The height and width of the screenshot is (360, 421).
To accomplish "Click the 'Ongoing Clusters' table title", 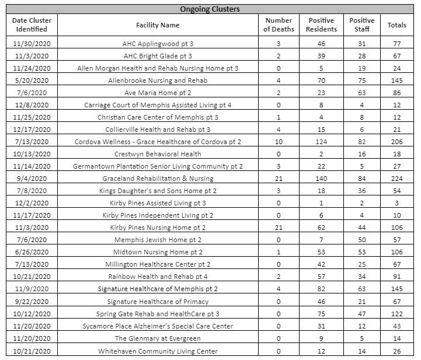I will coord(210,9).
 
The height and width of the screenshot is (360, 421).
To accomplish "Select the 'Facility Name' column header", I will coord(158,25).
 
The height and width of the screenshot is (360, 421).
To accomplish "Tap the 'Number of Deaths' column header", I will coord(278,25).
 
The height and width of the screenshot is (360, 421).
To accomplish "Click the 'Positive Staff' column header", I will coord(361,25).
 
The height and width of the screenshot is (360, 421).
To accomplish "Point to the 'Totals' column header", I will coord(397,25).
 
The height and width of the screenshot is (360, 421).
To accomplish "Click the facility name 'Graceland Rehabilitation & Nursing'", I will coord(158,179).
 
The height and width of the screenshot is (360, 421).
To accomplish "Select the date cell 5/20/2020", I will coord(32,81).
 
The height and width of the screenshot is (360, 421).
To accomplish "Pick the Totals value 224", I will coord(397,179).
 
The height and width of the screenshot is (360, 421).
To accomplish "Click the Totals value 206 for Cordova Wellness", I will coord(397,142).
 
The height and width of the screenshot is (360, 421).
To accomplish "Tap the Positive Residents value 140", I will coord(322,179).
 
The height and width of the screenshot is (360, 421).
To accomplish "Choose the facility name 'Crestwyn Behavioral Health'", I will coord(158,154).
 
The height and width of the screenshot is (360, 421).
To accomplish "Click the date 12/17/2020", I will coord(32,130).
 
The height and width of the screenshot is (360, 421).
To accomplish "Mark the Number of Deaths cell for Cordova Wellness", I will coord(278,142).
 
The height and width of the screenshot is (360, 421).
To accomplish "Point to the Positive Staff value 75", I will coord(361,81).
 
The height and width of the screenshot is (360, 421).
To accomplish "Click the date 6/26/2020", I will coord(32,252).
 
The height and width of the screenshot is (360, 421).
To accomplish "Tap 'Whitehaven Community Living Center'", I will coord(158,351).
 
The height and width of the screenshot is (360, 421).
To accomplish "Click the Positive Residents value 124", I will coord(322,142).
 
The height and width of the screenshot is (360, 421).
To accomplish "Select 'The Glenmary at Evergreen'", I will coord(158,338).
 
